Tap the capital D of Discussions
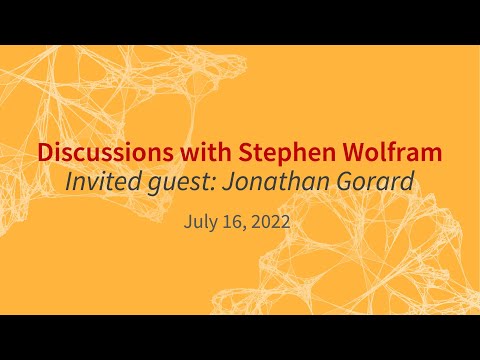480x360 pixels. pos(46,154)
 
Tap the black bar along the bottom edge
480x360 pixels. pos(240,337)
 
